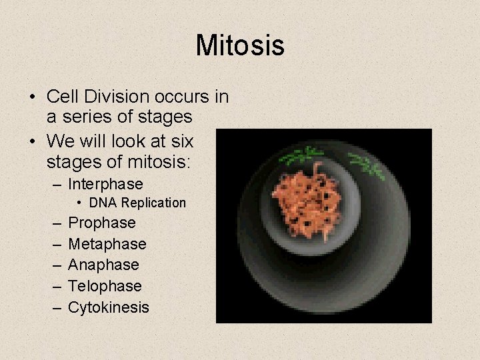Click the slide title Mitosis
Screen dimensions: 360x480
[x=240, y=46]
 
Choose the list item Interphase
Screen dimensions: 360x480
[x=105, y=183]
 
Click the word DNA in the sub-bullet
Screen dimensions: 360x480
[x=103, y=203]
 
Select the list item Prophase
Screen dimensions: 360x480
[x=102, y=223]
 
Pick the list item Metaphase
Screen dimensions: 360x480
[x=107, y=244]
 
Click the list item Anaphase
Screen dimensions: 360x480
[x=103, y=265]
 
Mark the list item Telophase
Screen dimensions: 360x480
[x=105, y=286]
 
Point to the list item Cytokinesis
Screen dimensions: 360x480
[x=109, y=307]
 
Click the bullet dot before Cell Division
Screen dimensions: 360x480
[x=32, y=97]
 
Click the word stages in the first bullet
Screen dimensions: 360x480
[x=164, y=117]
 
